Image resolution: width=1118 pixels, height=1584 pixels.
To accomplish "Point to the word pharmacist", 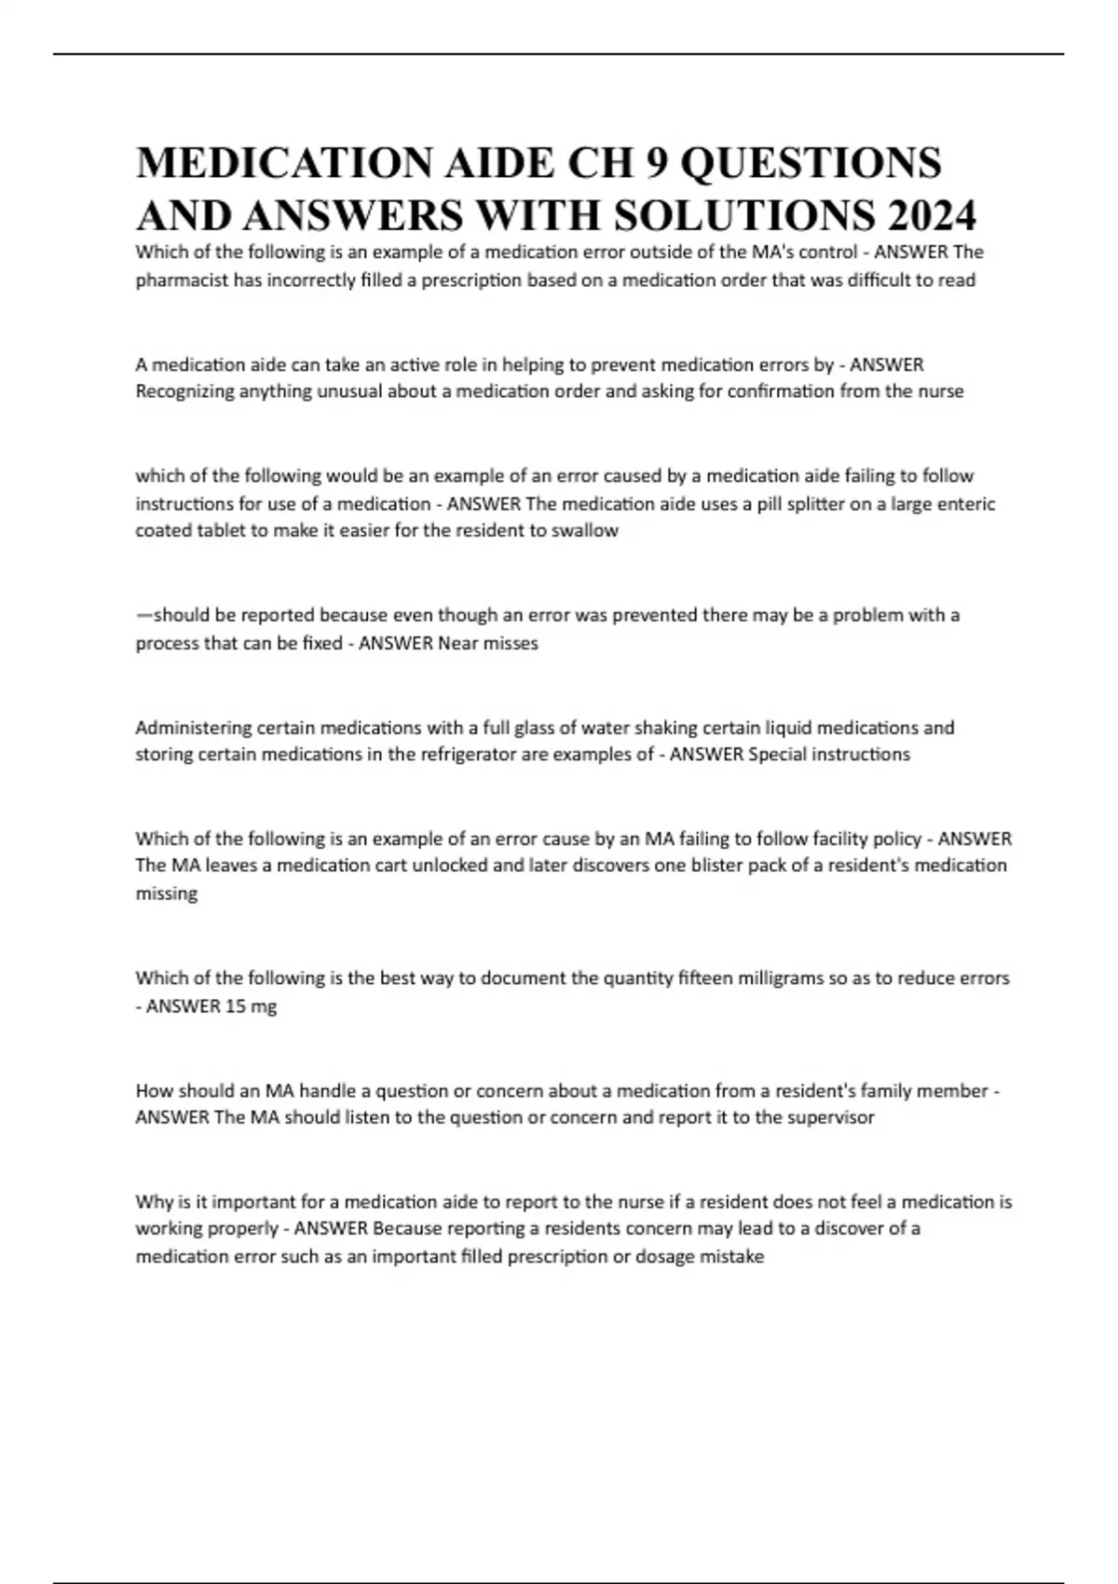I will (x=181, y=280).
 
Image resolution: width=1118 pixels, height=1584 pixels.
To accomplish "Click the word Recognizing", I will (x=184, y=391).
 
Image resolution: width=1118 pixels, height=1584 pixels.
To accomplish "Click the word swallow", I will (x=589, y=531).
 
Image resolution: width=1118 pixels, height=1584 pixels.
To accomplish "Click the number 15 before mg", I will (x=236, y=1006).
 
